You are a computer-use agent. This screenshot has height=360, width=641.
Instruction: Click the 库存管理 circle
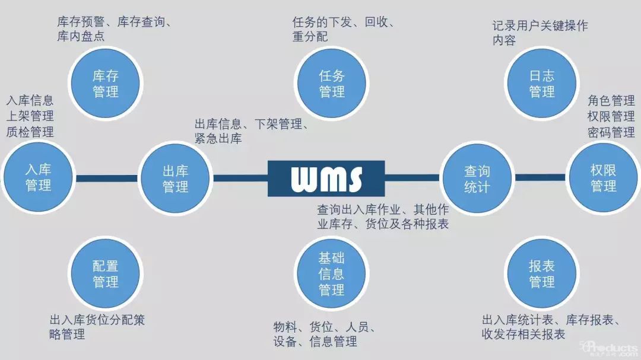click(x=106, y=84)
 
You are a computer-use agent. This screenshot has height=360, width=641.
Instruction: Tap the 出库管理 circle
click(x=175, y=178)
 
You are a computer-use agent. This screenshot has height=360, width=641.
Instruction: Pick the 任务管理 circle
click(x=332, y=84)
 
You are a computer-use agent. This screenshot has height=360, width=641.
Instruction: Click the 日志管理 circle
click(x=542, y=84)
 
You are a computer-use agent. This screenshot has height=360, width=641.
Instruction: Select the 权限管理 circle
click(x=604, y=178)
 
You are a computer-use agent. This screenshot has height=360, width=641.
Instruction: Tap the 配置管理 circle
click(x=106, y=273)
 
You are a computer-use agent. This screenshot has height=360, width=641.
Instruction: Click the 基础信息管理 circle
click(x=332, y=273)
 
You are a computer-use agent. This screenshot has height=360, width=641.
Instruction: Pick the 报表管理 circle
click(x=542, y=273)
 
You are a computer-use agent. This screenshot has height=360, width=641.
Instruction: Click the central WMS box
click(x=326, y=179)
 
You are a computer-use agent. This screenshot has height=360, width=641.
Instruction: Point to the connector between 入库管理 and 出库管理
click(x=107, y=178)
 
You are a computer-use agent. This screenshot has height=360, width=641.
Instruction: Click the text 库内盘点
click(x=81, y=36)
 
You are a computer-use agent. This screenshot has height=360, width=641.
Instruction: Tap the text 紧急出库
click(x=218, y=139)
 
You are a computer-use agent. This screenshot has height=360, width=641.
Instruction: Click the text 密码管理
click(x=611, y=132)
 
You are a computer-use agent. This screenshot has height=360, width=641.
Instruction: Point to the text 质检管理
click(x=30, y=132)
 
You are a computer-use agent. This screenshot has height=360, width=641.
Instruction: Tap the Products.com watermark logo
click(x=609, y=348)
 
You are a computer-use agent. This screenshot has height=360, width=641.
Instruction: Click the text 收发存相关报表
click(x=523, y=334)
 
